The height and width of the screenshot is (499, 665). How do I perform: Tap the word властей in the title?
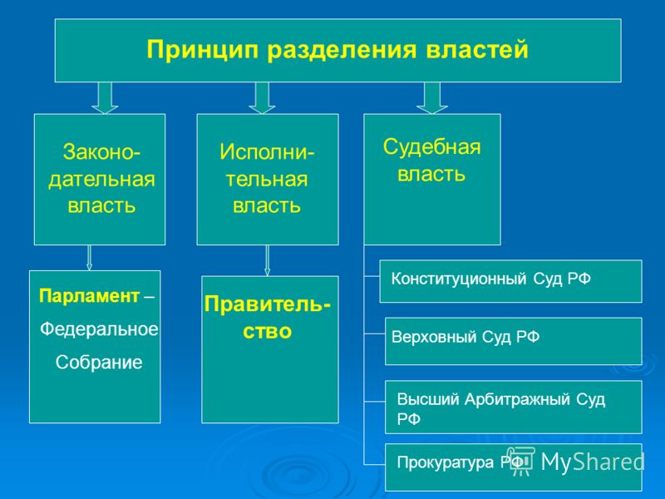477,50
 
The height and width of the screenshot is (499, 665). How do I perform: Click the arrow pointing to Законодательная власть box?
105,98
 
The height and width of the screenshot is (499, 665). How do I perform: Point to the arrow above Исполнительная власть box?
262,98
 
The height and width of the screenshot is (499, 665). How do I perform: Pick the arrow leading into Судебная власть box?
432,98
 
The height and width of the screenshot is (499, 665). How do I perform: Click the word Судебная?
432,147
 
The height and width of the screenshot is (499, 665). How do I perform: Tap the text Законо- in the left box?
101,152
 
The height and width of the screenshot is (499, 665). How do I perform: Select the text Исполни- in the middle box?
267,152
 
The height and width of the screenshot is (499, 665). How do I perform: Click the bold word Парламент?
89,296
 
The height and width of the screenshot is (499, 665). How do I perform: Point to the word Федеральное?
99,329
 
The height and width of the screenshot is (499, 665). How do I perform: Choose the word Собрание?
99,363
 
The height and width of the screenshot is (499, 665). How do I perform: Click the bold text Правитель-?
267,304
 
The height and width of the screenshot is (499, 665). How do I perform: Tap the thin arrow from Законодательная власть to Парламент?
89,258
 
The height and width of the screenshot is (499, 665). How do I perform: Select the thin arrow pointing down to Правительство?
267,260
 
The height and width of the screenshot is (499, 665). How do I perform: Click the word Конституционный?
459,279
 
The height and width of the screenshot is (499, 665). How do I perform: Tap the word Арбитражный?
517,400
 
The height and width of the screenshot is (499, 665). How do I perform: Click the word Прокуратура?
446,462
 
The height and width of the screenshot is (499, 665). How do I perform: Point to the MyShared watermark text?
593,462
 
